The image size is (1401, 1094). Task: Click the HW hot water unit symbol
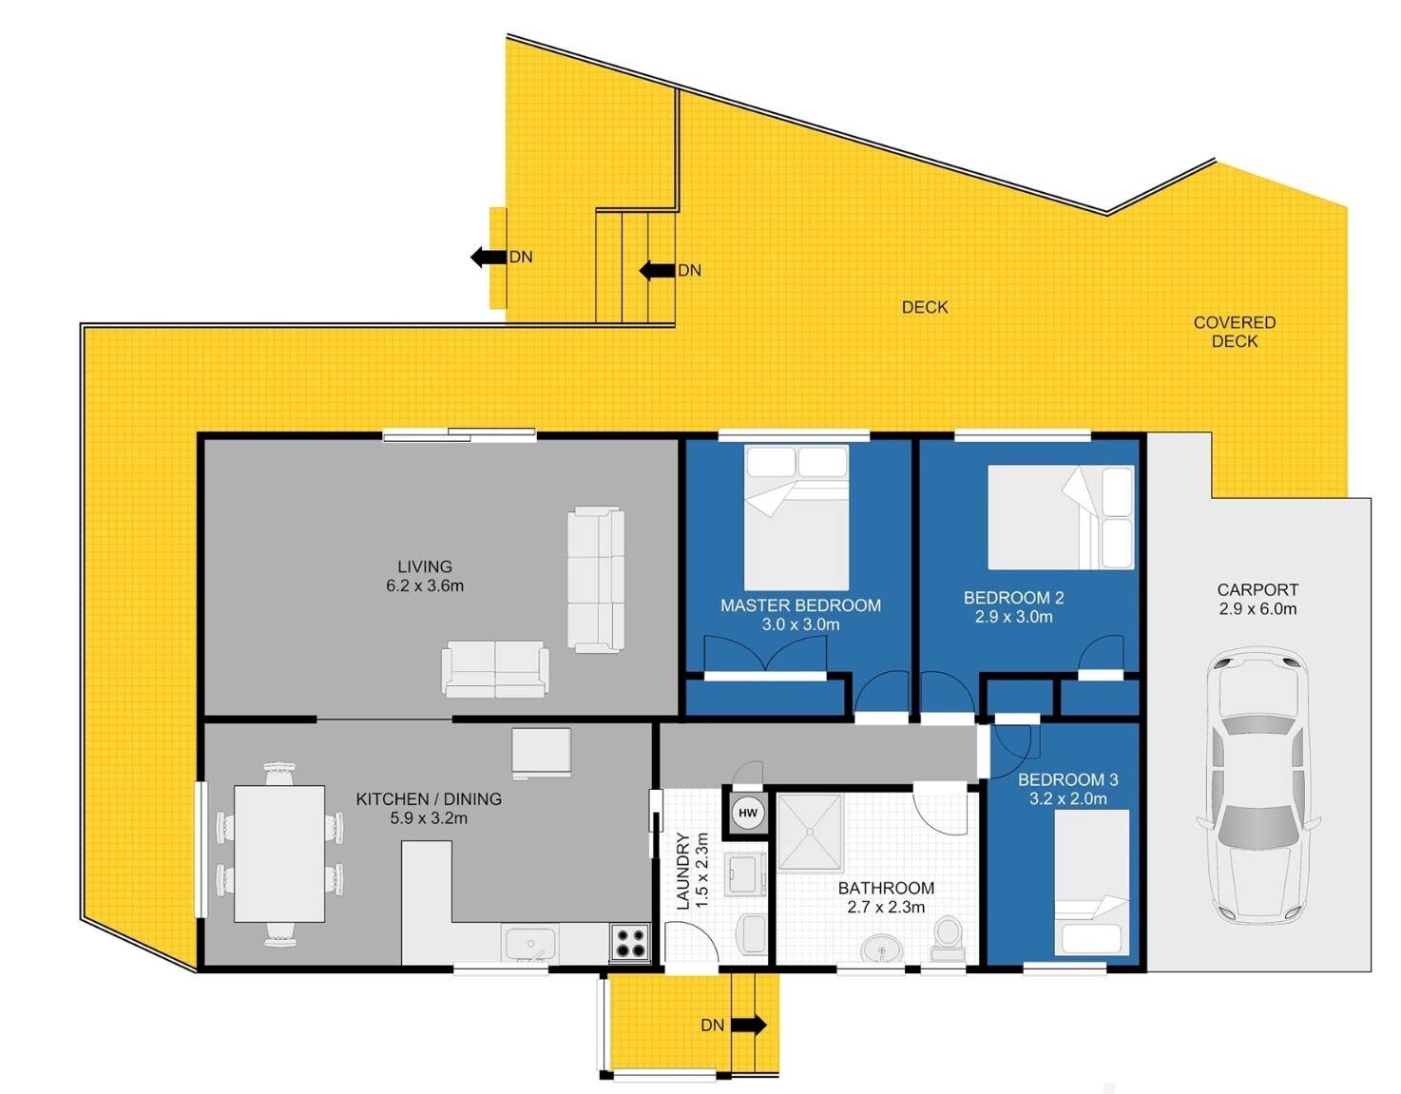point(747,813)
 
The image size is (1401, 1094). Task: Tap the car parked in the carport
point(1257,788)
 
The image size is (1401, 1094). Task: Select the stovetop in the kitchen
point(630,942)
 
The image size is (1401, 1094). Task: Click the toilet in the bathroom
point(947,938)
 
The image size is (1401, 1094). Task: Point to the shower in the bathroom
point(811,833)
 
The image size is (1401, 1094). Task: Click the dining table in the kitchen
point(279,854)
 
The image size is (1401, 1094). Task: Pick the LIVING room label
point(424,566)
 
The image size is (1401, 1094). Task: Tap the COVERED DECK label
point(1234,332)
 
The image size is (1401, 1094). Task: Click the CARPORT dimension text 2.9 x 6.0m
point(1257,608)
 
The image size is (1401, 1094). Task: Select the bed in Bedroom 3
point(1091,882)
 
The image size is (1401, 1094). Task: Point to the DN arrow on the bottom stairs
point(749,1025)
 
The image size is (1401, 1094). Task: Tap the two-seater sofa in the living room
point(495,668)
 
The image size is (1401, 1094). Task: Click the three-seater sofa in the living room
point(596,580)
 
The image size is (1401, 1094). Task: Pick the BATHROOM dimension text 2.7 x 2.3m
point(886,907)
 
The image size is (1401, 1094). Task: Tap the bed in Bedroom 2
point(1061,517)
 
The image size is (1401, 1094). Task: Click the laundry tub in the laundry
point(744,874)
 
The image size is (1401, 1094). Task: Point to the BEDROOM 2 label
point(1013,598)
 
